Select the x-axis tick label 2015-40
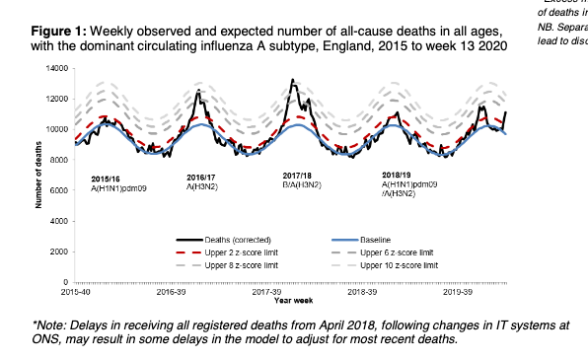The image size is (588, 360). click(x=75, y=293)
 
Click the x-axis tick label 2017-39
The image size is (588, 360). click(x=267, y=293)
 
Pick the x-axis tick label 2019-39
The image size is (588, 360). click(x=460, y=293)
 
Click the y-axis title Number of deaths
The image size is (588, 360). click(x=38, y=175)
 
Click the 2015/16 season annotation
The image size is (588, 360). click(x=105, y=178)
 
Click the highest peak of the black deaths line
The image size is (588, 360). click(x=292, y=80)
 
